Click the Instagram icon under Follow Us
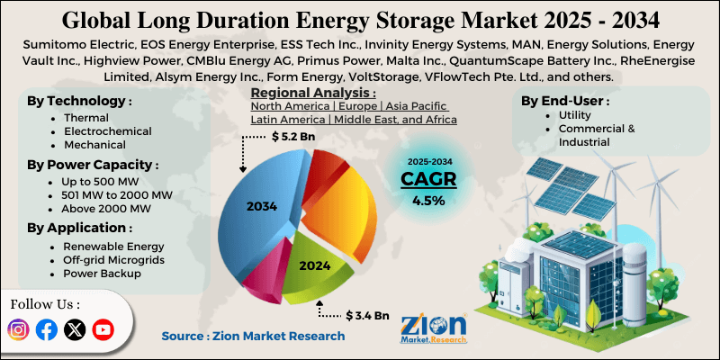coord(18,329)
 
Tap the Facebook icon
coord(47,329)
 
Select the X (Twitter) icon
coord(76,329)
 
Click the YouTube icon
coord(103,329)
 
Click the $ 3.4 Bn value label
coord(368,316)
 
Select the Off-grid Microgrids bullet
coord(106,259)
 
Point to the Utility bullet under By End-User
coord(564,116)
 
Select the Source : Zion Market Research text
coord(253,336)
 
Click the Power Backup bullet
coord(95,273)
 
